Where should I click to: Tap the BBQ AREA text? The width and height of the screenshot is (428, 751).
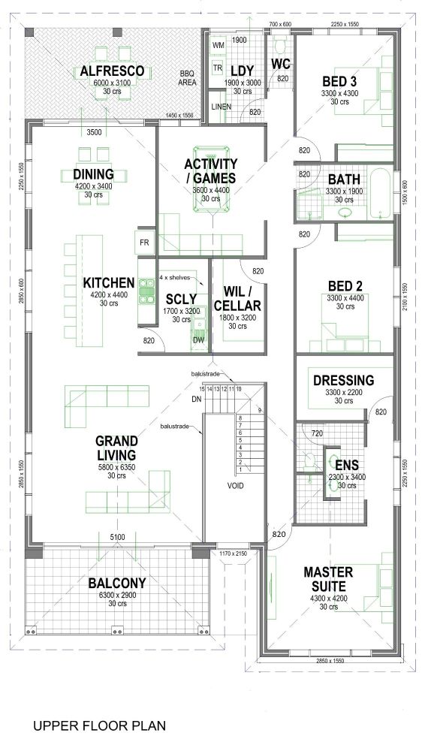tap(187, 78)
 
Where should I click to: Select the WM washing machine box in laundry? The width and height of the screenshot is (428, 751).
tap(219, 46)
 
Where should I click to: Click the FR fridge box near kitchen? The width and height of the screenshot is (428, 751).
tap(145, 242)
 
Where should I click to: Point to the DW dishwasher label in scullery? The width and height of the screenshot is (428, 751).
tap(197, 339)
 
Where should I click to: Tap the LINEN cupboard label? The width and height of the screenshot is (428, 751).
tap(222, 107)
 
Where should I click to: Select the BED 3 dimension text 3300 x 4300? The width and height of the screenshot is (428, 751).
tap(339, 93)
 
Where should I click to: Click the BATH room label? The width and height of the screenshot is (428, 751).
tap(344, 179)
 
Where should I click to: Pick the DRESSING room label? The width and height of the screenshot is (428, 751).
tap(344, 380)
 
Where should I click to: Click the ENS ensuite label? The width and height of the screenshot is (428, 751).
tap(346, 465)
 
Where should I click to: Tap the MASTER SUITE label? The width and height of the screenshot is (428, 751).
tap(328, 578)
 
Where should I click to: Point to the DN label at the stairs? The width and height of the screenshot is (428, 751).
tap(197, 399)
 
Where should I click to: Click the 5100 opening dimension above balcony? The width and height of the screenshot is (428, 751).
tap(116, 537)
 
